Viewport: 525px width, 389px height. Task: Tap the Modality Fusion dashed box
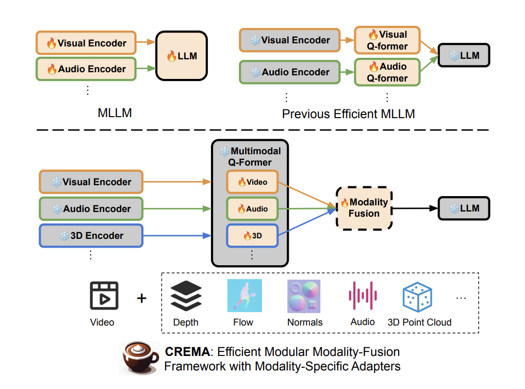[364, 208]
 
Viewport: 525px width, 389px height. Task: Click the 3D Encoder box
[91, 236]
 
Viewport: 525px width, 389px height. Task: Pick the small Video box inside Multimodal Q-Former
[252, 182]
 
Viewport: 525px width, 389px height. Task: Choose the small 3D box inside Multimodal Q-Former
[252, 236]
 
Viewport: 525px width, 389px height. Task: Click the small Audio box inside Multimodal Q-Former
[252, 209]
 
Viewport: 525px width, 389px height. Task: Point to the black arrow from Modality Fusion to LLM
[416, 208]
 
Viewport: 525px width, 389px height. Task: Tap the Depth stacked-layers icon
[186, 296]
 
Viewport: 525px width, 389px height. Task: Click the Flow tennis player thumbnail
[244, 296]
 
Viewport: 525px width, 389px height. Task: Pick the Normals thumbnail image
[304, 296]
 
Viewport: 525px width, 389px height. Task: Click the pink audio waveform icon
[363, 296]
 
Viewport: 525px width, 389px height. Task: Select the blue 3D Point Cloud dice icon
[417, 297]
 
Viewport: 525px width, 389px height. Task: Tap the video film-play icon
[104, 296]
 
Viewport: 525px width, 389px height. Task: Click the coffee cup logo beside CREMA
[139, 358]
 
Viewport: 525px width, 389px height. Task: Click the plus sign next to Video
[141, 298]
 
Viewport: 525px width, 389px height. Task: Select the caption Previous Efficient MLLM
[348, 114]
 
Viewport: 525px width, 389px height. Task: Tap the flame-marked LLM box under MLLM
[182, 56]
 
